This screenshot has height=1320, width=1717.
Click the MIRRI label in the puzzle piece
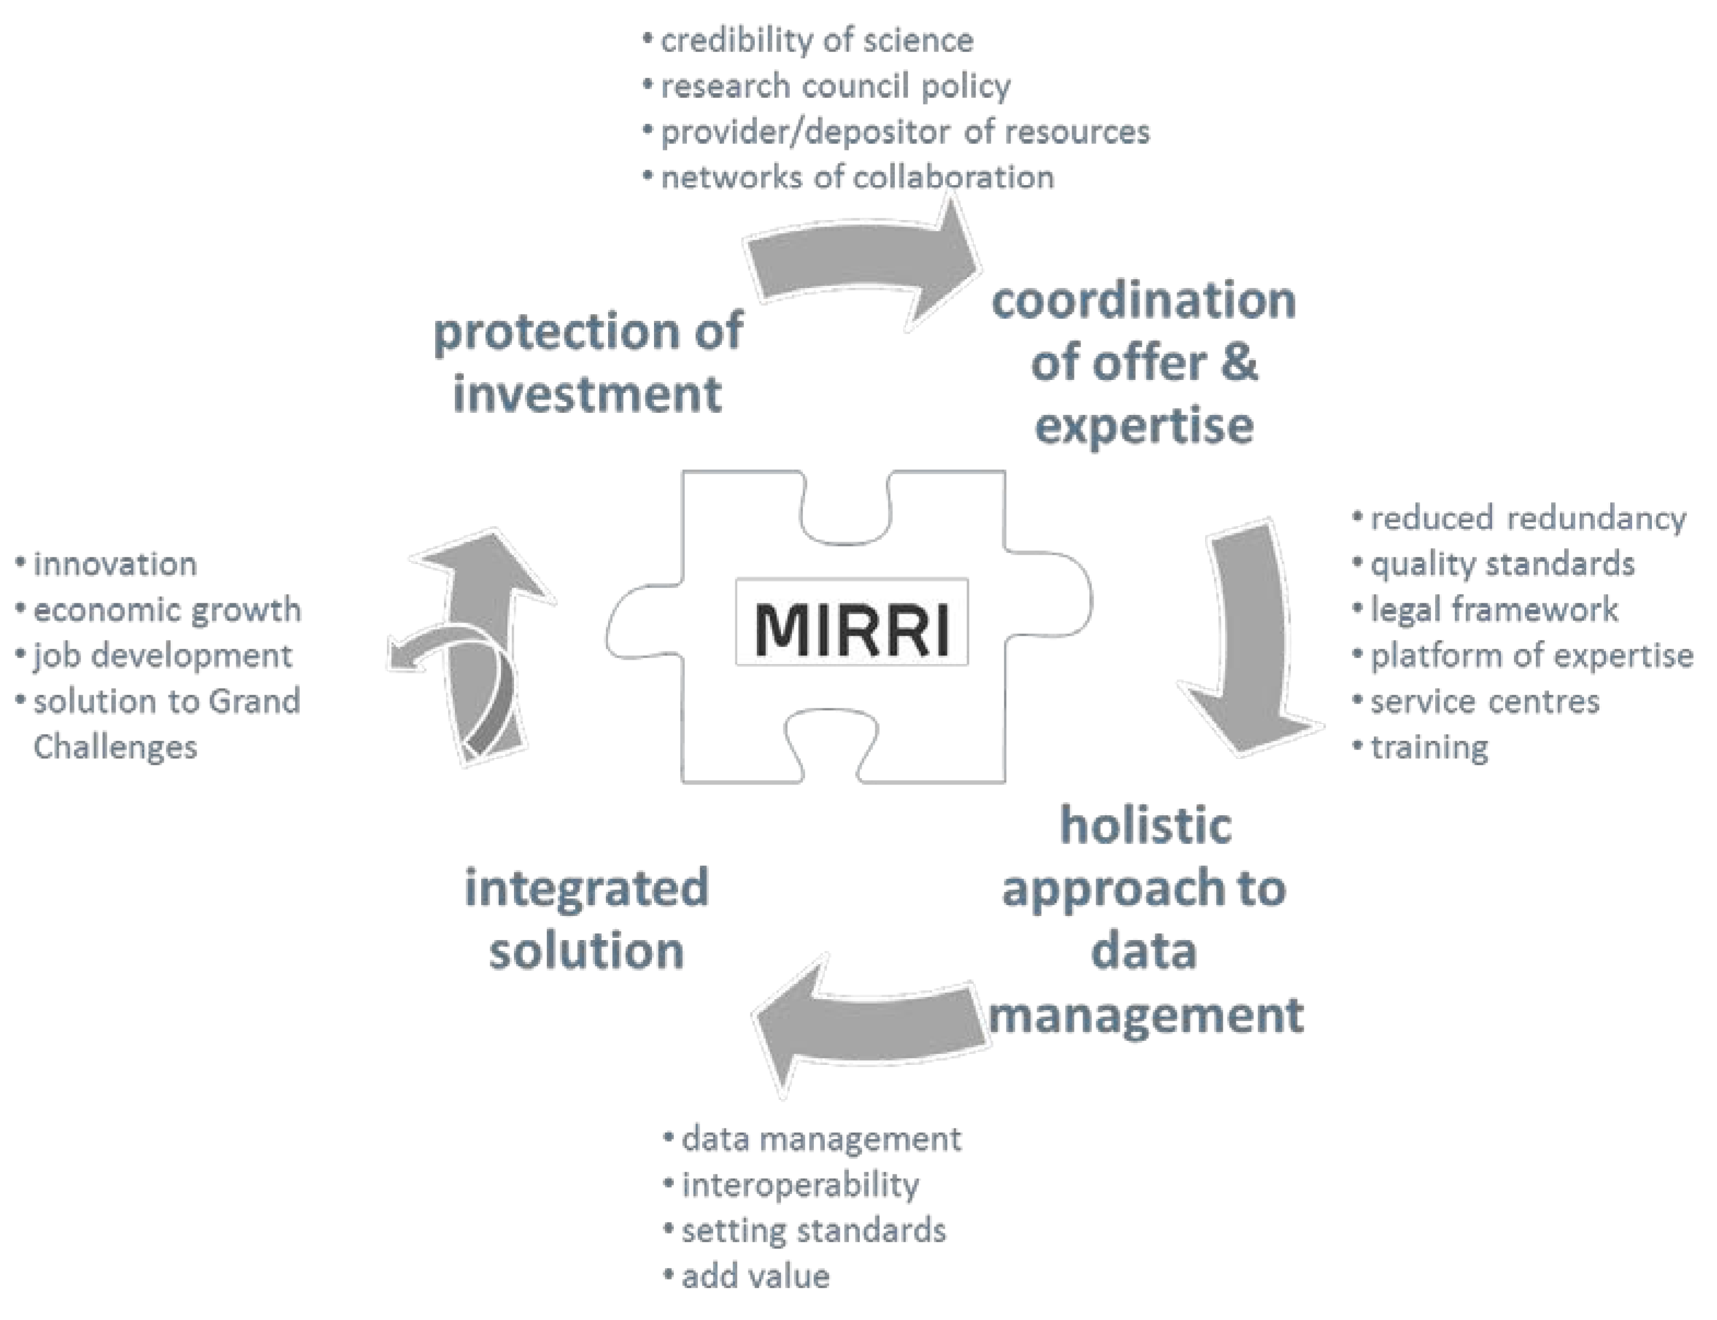tap(852, 629)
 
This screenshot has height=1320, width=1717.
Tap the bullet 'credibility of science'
tap(816, 41)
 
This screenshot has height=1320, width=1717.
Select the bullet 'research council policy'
tap(835, 87)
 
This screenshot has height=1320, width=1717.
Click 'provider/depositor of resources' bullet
tap(905, 132)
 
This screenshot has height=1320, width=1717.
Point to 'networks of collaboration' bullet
tap(857, 177)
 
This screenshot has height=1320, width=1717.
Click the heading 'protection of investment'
tap(587, 361)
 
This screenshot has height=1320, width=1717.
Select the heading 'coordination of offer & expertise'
tap(1143, 362)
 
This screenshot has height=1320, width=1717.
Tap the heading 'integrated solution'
tap(587, 919)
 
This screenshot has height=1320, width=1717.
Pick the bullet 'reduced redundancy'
tap(1528, 518)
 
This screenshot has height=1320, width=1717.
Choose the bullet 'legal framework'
tap(1494, 610)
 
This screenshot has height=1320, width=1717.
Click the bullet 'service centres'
tap(1484, 702)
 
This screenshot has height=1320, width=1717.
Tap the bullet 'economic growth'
tap(166, 610)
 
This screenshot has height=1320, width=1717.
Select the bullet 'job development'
tap(163, 655)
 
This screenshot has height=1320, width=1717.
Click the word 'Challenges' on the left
tap(115, 747)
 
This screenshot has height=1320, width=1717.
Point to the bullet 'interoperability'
tap(800, 1185)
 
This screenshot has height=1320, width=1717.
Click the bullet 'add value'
tap(755, 1276)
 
